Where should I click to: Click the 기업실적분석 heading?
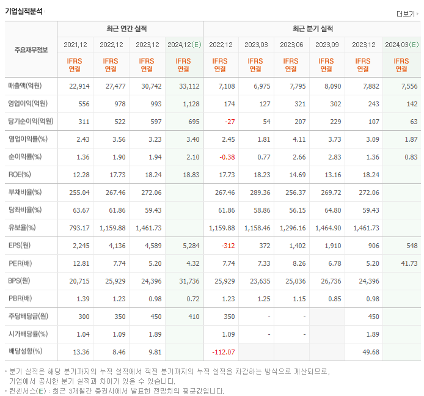point(24,11)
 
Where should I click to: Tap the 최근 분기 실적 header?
point(312,29)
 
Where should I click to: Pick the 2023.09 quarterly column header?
point(327,45)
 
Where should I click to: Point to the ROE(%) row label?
point(20,175)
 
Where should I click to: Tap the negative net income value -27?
point(229,122)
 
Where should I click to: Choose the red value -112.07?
point(223,352)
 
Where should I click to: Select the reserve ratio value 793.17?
point(79,228)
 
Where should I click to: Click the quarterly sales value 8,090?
point(332,86)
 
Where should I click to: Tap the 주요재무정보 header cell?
point(31,50)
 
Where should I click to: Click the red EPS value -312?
point(227,246)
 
